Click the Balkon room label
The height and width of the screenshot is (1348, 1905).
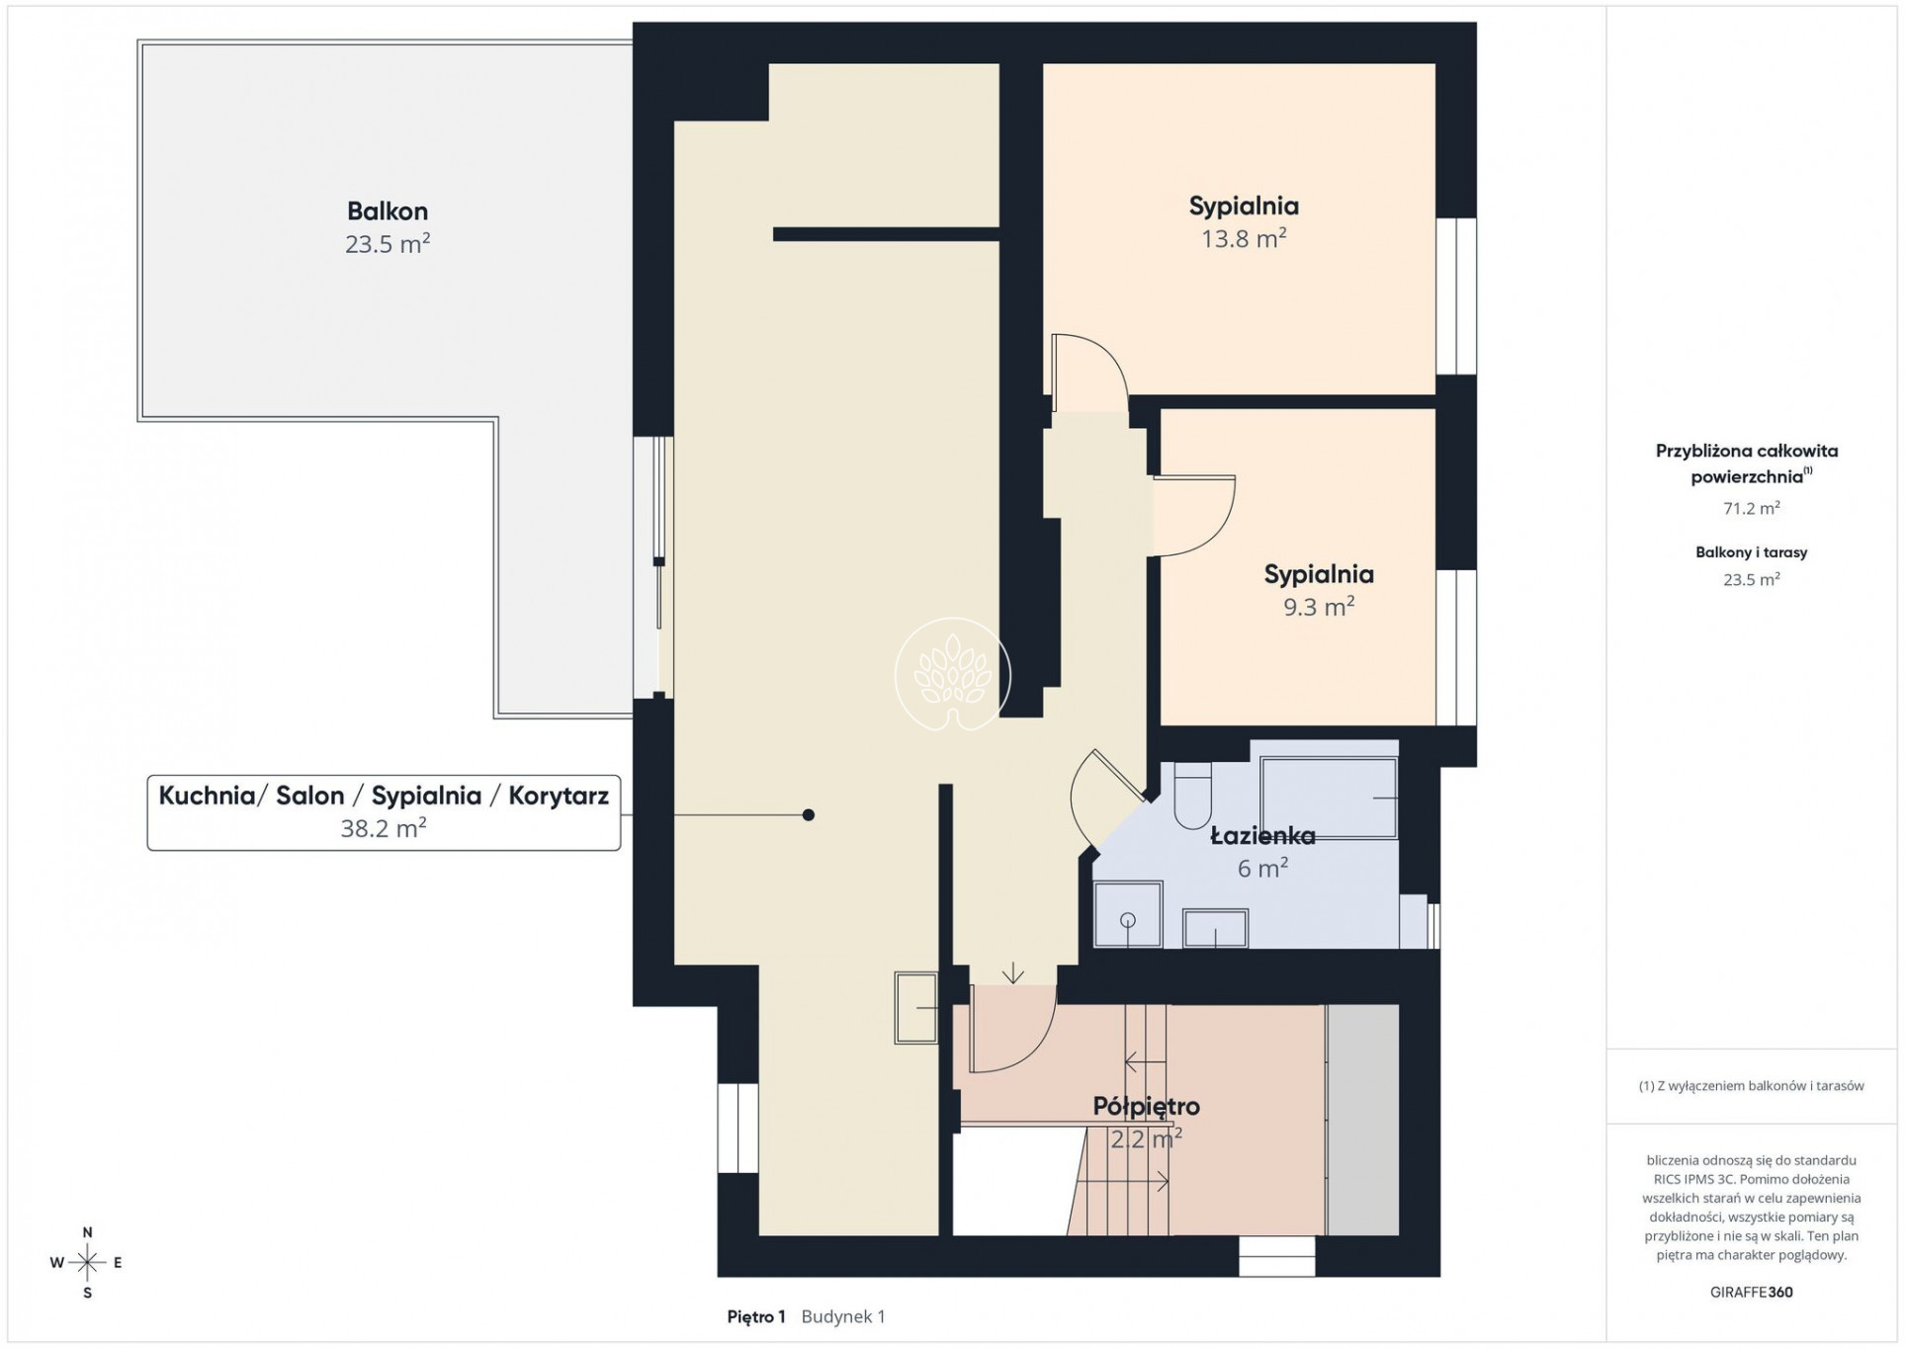387,211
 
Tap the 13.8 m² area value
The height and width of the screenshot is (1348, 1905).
1243,239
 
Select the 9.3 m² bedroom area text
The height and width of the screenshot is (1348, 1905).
1318,607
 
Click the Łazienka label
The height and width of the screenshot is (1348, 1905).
1262,836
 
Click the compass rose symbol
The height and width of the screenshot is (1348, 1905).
87,1262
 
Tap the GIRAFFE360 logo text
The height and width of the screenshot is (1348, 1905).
1751,1292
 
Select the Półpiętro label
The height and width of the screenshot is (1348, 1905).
1146,1107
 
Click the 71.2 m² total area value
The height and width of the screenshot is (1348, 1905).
1751,508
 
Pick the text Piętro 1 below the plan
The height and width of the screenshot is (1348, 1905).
755,1316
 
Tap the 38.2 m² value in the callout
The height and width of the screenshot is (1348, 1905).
384,828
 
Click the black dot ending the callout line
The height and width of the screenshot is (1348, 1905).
809,815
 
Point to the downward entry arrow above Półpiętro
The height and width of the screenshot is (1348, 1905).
1012,973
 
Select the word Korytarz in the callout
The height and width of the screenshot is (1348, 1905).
559,797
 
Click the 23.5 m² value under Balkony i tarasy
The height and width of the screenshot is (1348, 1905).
1751,580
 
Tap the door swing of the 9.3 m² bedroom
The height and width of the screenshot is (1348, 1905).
1215,525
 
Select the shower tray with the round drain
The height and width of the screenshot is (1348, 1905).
1128,914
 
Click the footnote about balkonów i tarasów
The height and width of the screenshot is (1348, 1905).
1751,1086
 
